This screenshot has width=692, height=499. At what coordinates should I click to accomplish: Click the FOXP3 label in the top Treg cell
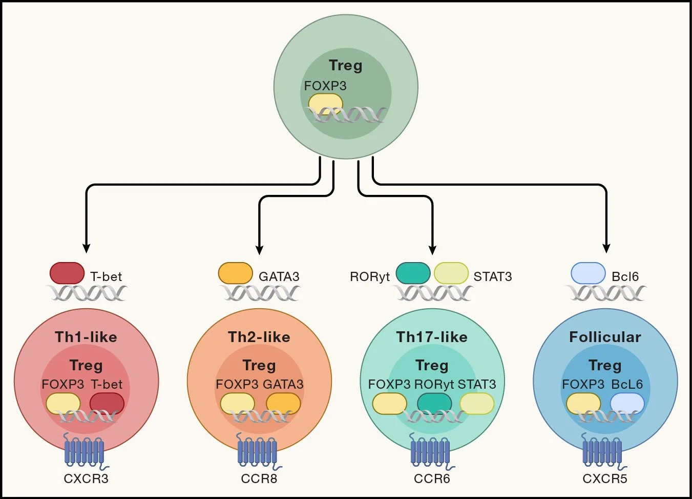pyautogui.click(x=325, y=86)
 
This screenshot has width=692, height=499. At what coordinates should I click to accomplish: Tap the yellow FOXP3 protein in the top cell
pyautogui.click(x=326, y=103)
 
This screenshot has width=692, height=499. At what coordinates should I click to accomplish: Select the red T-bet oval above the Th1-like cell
pyautogui.click(x=67, y=273)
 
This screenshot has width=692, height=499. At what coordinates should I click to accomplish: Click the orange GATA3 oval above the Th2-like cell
pyautogui.click(x=236, y=273)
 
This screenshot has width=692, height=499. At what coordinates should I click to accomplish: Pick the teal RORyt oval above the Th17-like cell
pyautogui.click(x=413, y=273)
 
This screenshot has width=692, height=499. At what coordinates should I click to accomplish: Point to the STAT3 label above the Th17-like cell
pyautogui.click(x=493, y=276)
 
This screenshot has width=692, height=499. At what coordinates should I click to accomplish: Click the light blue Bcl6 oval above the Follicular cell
pyautogui.click(x=588, y=273)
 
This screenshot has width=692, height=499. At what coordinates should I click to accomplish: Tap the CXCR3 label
pyautogui.click(x=86, y=478)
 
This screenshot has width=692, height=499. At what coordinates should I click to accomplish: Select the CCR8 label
pyautogui.click(x=259, y=478)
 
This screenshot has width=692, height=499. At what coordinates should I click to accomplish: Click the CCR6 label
pyautogui.click(x=432, y=478)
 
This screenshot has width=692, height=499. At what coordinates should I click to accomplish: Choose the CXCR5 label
pyautogui.click(x=605, y=478)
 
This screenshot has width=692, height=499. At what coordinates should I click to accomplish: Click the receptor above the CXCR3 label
pyautogui.click(x=85, y=451)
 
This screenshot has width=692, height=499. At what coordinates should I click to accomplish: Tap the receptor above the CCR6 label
pyautogui.click(x=431, y=451)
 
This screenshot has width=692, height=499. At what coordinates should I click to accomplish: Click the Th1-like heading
pyautogui.click(x=86, y=337)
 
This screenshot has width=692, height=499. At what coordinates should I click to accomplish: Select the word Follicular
pyautogui.click(x=605, y=337)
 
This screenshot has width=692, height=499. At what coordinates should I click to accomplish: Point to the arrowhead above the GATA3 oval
pyautogui.click(x=260, y=250)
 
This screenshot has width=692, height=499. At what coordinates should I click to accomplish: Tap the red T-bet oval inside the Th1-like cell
pyautogui.click(x=107, y=404)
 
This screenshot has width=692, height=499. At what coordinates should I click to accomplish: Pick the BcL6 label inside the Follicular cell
pyautogui.click(x=627, y=384)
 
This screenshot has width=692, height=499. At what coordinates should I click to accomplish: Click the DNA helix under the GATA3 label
pyautogui.click(x=260, y=293)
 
